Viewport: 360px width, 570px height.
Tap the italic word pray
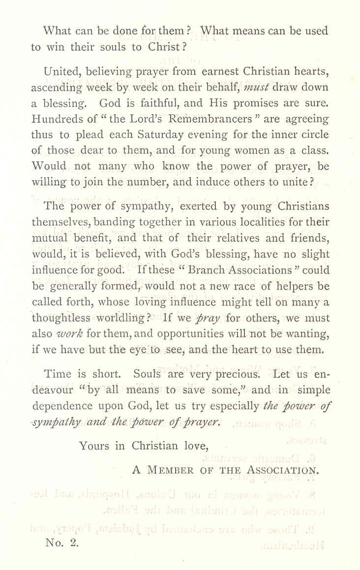(x=208, y=318)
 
